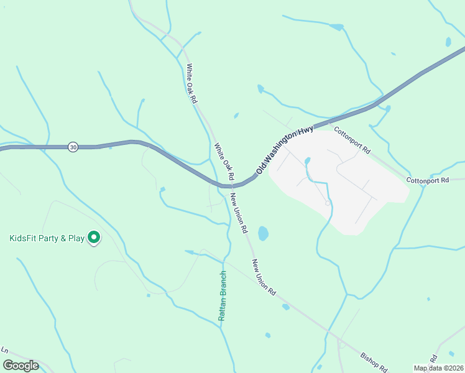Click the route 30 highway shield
[x=73, y=147]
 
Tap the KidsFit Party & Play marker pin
[x=94, y=237]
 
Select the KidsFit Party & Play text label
[x=47, y=238]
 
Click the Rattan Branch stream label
[x=222, y=296]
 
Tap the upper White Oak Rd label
[x=192, y=83]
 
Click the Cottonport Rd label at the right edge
[x=428, y=180]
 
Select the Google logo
[x=21, y=365]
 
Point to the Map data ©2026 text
[x=438, y=368]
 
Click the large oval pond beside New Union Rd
[x=263, y=234]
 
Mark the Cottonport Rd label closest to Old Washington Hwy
[x=352, y=140]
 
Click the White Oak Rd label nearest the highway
[x=224, y=162]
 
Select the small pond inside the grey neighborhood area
[x=307, y=161]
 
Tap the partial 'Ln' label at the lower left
[x=4, y=351]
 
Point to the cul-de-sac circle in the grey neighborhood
[x=328, y=203]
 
